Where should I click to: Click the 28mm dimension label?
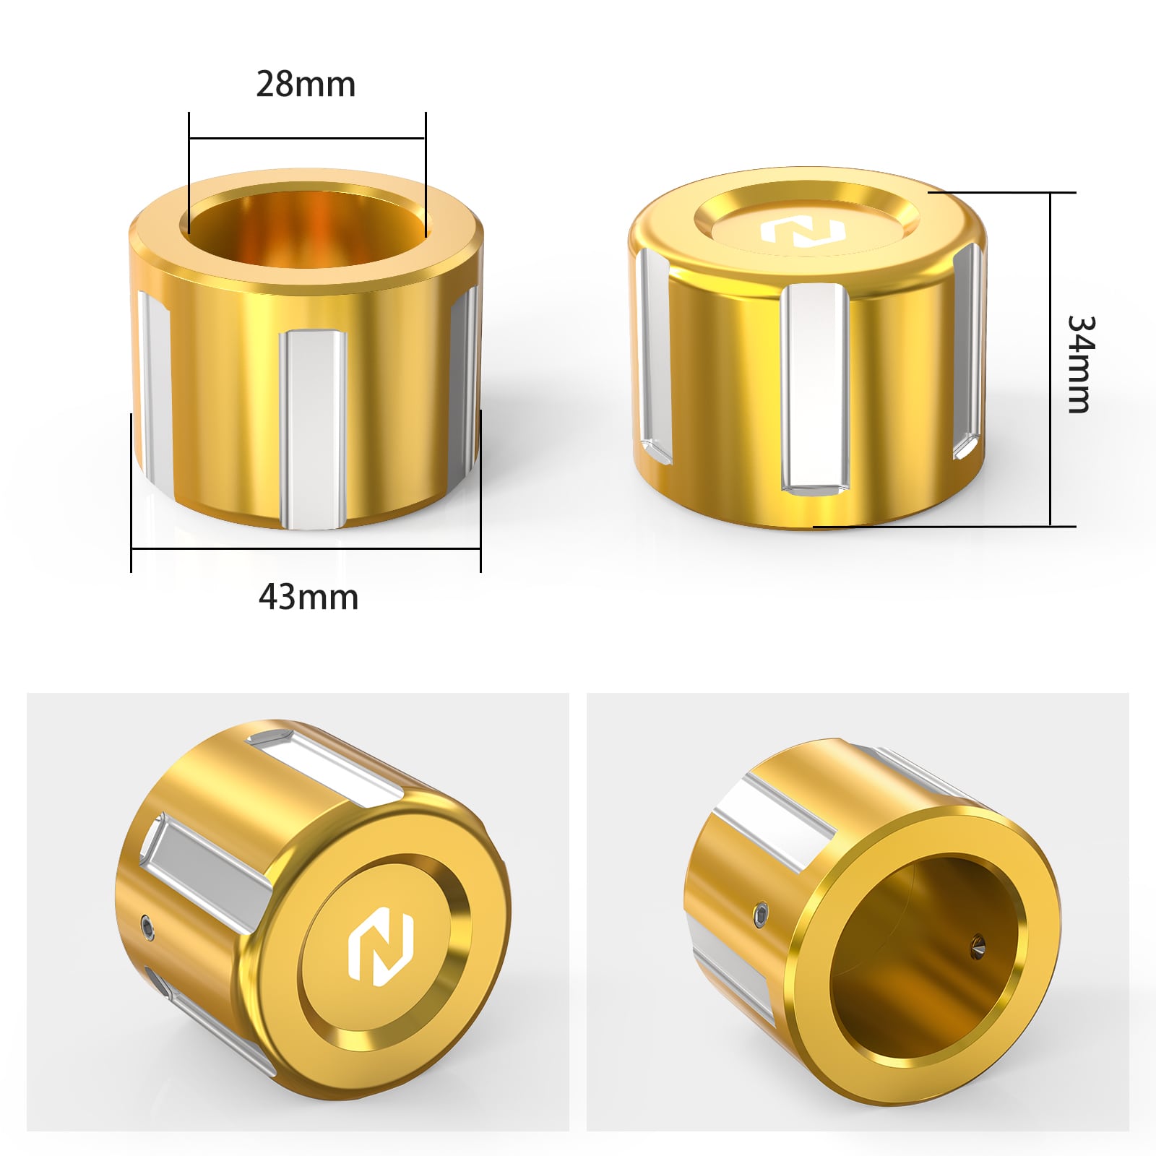pyautogui.click(x=306, y=85)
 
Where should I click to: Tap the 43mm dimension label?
pyautogui.click(x=309, y=598)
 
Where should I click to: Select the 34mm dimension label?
pyautogui.click(x=1081, y=365)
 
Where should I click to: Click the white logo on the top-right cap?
pyautogui.click(x=803, y=233)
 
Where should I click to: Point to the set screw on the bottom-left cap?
pyautogui.click(x=147, y=927)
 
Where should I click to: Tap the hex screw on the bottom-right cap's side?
pyautogui.click(x=761, y=917)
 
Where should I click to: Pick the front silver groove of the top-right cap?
pyautogui.click(x=814, y=387)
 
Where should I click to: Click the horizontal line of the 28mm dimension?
pyautogui.click(x=307, y=138)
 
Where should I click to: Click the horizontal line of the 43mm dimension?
pyautogui.click(x=306, y=549)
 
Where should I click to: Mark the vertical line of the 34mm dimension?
pyautogui.click(x=1051, y=359)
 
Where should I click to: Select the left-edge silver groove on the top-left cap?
pyautogui.click(x=155, y=387)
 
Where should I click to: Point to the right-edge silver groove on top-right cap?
pyautogui.click(x=970, y=350)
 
